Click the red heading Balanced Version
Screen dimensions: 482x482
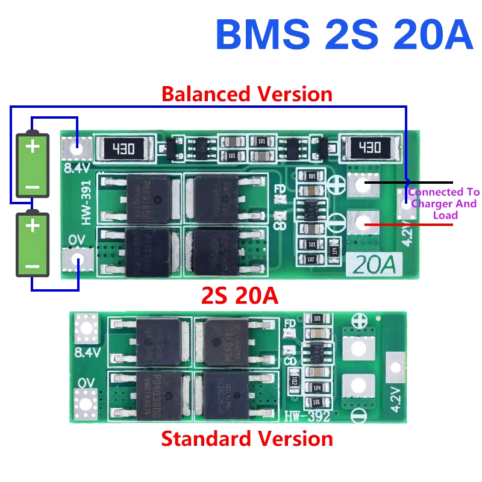pos(247,94)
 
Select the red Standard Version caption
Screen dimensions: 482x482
pos(247,439)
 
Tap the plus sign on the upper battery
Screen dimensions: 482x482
pos(33,146)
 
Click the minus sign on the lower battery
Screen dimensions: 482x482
pos(33,266)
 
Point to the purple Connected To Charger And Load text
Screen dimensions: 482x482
pos(443,204)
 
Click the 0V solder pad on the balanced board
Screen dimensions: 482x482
pos(77,261)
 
